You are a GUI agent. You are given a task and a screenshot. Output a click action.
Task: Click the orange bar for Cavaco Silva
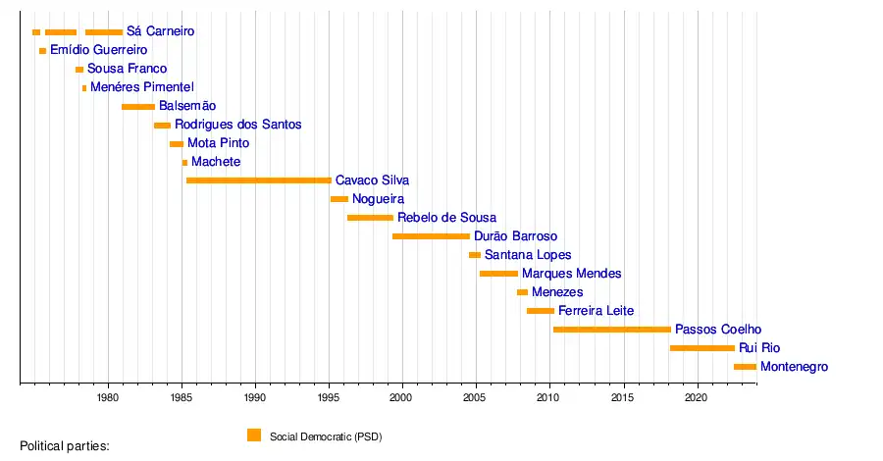click(258, 180)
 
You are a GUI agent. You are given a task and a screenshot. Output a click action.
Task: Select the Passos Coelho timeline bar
click(611, 330)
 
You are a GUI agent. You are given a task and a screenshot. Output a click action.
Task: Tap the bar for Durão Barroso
click(431, 236)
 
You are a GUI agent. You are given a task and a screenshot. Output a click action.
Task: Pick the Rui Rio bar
click(701, 348)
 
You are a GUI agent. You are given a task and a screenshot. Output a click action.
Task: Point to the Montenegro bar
click(745, 367)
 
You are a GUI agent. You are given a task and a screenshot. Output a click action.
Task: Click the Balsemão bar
click(138, 106)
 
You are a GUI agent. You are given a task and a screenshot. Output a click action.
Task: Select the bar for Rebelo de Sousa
click(370, 218)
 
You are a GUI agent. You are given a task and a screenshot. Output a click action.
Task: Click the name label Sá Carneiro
click(161, 31)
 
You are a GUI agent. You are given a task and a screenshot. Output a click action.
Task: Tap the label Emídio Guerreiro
click(99, 50)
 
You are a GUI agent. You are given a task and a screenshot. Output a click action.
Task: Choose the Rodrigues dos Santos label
click(238, 125)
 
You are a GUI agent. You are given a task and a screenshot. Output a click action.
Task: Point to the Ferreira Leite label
click(597, 311)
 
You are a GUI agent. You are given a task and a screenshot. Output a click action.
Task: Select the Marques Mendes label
click(572, 274)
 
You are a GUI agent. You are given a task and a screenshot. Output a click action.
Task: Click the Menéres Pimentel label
click(143, 87)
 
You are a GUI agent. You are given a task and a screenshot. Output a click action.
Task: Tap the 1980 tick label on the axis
click(108, 397)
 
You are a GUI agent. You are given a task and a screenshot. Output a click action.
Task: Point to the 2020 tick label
click(696, 397)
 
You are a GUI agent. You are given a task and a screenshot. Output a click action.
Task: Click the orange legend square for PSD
click(254, 435)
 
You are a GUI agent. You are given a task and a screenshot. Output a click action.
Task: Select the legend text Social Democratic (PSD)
click(326, 436)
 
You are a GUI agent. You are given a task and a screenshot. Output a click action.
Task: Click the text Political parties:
click(65, 446)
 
